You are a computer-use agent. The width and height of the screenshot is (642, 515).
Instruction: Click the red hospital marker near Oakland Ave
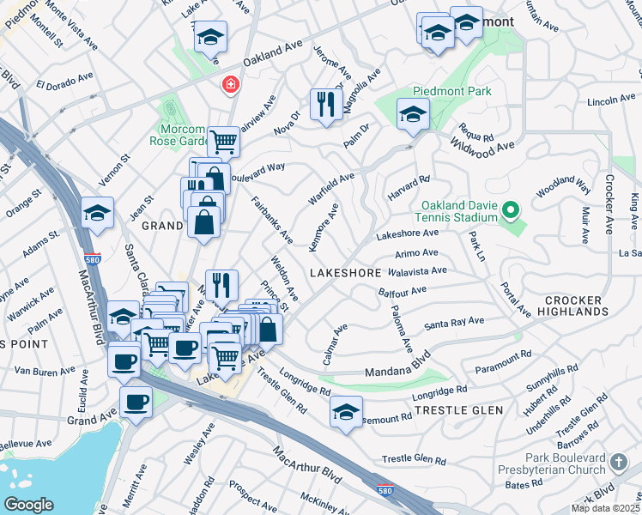pyautogui.click(x=229, y=84)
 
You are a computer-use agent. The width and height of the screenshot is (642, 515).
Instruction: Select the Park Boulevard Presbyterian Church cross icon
pyautogui.click(x=618, y=464)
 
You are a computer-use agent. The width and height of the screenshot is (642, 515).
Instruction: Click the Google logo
pyautogui.click(x=28, y=504)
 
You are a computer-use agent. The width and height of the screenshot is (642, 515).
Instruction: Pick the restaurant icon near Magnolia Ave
pyautogui.click(x=325, y=105)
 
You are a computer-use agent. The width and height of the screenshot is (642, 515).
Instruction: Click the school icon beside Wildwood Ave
pyautogui.click(x=413, y=113)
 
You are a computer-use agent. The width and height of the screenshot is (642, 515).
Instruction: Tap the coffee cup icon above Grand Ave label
pyautogui.click(x=136, y=401)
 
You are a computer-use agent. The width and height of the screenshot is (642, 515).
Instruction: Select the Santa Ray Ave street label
pyautogui.click(x=454, y=324)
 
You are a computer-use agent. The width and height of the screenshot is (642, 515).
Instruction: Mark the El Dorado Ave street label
pyautogui.click(x=64, y=82)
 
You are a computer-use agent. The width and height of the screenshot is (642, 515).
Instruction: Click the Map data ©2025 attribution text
pyautogui.click(x=606, y=508)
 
